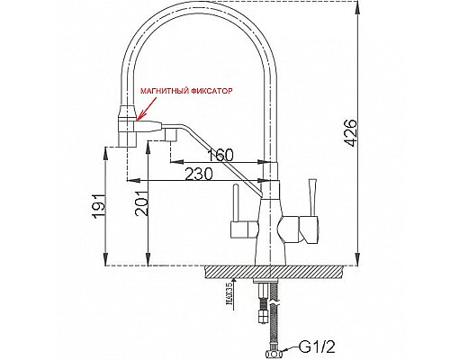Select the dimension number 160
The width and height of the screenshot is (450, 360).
(x=222, y=152)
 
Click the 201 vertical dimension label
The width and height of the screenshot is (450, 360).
(x=139, y=209)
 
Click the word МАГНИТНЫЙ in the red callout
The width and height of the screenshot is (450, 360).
(x=166, y=91)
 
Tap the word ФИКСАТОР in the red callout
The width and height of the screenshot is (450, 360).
(x=212, y=91)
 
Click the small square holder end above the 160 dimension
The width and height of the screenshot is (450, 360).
(x=168, y=134)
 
